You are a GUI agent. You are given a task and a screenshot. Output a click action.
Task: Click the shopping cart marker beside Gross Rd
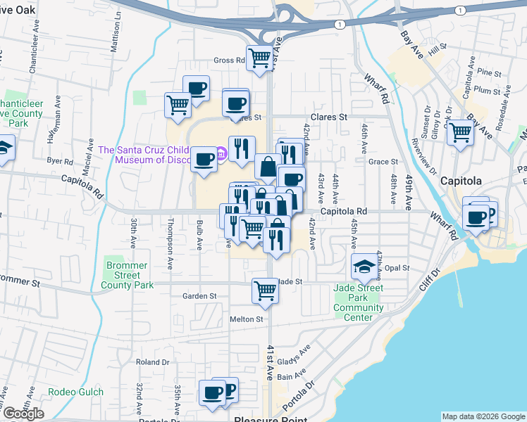260,57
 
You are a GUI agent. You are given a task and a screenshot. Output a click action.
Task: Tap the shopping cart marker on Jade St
265,289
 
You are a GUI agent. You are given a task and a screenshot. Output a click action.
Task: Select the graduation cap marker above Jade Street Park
364,267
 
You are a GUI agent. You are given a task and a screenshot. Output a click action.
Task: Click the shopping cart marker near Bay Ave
460,132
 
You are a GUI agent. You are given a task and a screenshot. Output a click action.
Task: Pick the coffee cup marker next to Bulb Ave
204,159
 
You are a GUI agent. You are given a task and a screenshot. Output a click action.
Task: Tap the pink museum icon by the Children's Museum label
221,153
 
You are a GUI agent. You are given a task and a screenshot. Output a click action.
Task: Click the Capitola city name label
461,181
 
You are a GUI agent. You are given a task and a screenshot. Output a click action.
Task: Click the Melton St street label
246,319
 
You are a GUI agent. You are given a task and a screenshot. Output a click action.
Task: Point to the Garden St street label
199,296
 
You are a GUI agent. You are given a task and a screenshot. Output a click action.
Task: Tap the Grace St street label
383,162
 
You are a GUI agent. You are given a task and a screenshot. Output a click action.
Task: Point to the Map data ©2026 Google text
483,416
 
